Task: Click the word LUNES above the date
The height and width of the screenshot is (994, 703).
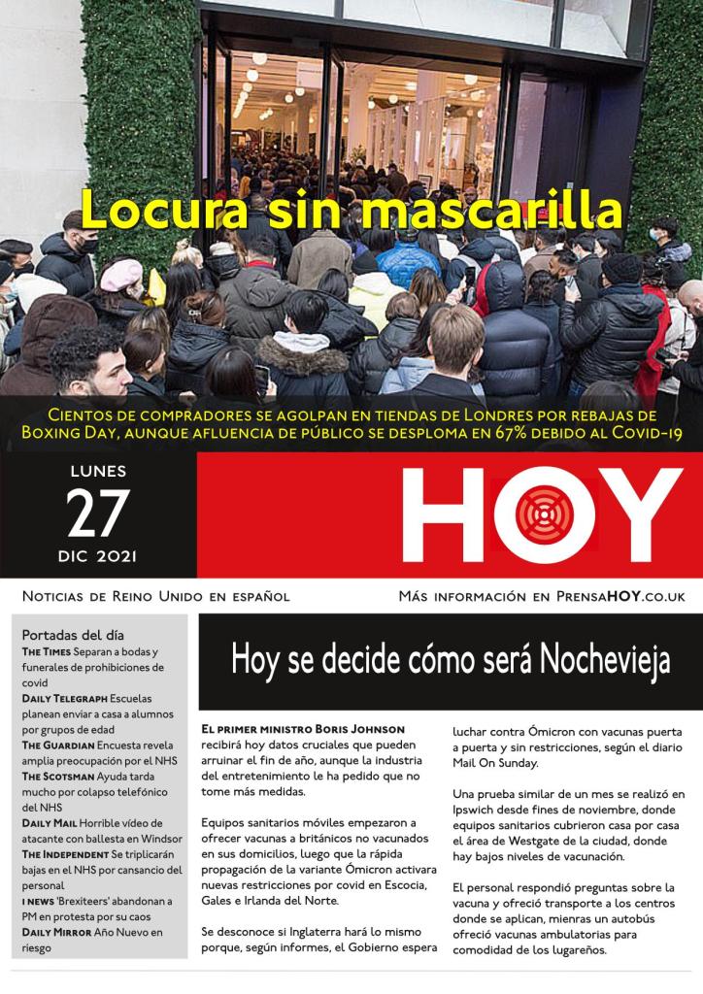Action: [x=97, y=473]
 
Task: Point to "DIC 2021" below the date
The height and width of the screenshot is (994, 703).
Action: [x=97, y=556]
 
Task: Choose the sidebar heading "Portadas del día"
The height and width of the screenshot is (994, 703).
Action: [x=73, y=635]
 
